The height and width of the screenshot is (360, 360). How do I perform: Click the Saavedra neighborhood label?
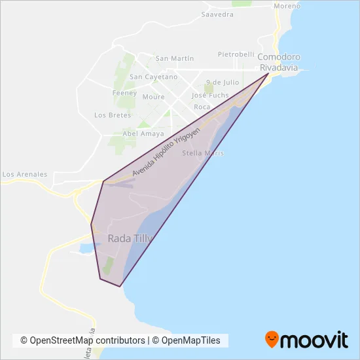coord(218,14)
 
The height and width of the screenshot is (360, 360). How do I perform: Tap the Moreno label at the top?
coord(287,6)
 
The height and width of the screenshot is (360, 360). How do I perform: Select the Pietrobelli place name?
coord(236,54)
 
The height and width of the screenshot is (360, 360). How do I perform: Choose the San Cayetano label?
coord(154,77)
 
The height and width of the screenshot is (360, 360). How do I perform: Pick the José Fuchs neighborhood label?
coord(210,95)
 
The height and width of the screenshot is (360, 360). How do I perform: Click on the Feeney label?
coord(124,93)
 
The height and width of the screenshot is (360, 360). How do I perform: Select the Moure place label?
coord(154,96)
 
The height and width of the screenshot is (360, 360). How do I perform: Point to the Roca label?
coord(202,107)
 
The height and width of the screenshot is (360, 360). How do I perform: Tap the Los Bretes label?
coord(113,115)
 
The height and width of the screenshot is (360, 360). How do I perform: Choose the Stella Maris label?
coord(203,153)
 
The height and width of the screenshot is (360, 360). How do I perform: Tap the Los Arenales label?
coord(25,175)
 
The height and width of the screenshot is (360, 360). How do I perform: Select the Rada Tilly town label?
coord(130,239)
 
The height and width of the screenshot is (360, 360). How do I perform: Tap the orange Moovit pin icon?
coord(272,339)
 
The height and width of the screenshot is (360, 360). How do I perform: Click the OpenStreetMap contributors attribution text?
coord(82,340)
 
